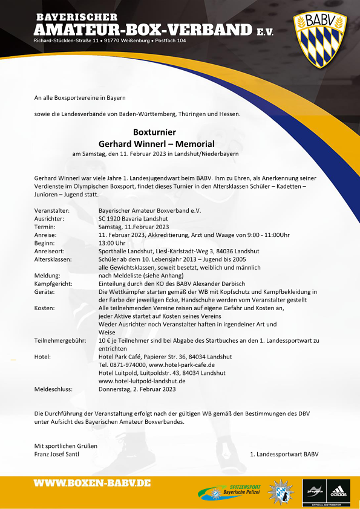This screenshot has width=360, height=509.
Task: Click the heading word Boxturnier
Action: pyautogui.click(x=154, y=133)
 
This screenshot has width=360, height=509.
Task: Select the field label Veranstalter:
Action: pyautogui.click(x=53, y=210)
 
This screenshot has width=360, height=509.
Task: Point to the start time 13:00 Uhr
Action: pyautogui.click(x=112, y=243)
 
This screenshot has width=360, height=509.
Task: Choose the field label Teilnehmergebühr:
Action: pyautogui.click(x=59, y=341)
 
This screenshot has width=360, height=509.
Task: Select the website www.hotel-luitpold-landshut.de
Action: pyautogui.click(x=142, y=381)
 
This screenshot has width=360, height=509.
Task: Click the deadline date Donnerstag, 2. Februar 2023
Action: pyautogui.click(x=137, y=390)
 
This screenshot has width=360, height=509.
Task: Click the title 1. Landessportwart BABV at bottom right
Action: pyautogui.click(x=284, y=454)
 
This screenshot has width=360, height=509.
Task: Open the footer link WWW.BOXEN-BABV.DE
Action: pyautogui.click(x=92, y=484)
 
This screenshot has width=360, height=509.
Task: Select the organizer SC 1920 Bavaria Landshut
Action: pyautogui.click(x=133, y=219)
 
